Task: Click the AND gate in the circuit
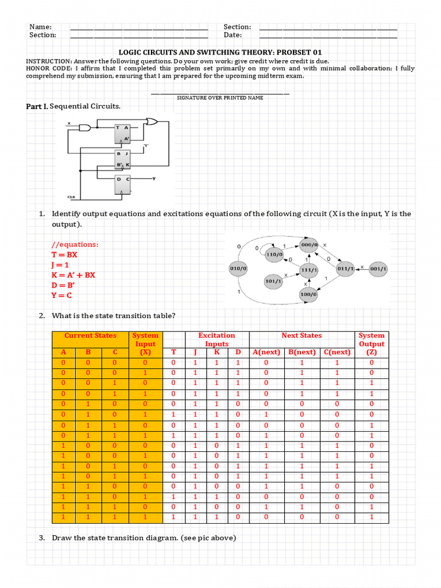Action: click(85, 127)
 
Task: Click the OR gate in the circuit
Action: click(153, 122)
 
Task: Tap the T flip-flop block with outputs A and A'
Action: click(123, 134)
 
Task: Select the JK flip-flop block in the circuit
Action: click(123, 159)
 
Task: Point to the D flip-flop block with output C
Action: click(123, 185)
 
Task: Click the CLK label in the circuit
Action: click(71, 197)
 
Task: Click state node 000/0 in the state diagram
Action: click(309, 245)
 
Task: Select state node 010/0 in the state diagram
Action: click(238, 268)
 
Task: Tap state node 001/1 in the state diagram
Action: click(379, 268)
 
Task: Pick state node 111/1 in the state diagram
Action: click(309, 269)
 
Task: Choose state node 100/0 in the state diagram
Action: click(308, 295)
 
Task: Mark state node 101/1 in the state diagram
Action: click(273, 281)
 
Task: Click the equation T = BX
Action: click(64, 254)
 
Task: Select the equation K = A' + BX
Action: click(73, 275)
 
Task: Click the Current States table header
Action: click(90, 335)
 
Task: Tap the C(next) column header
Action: click(337, 352)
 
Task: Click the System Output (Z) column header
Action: click(371, 343)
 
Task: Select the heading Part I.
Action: click(37, 106)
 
